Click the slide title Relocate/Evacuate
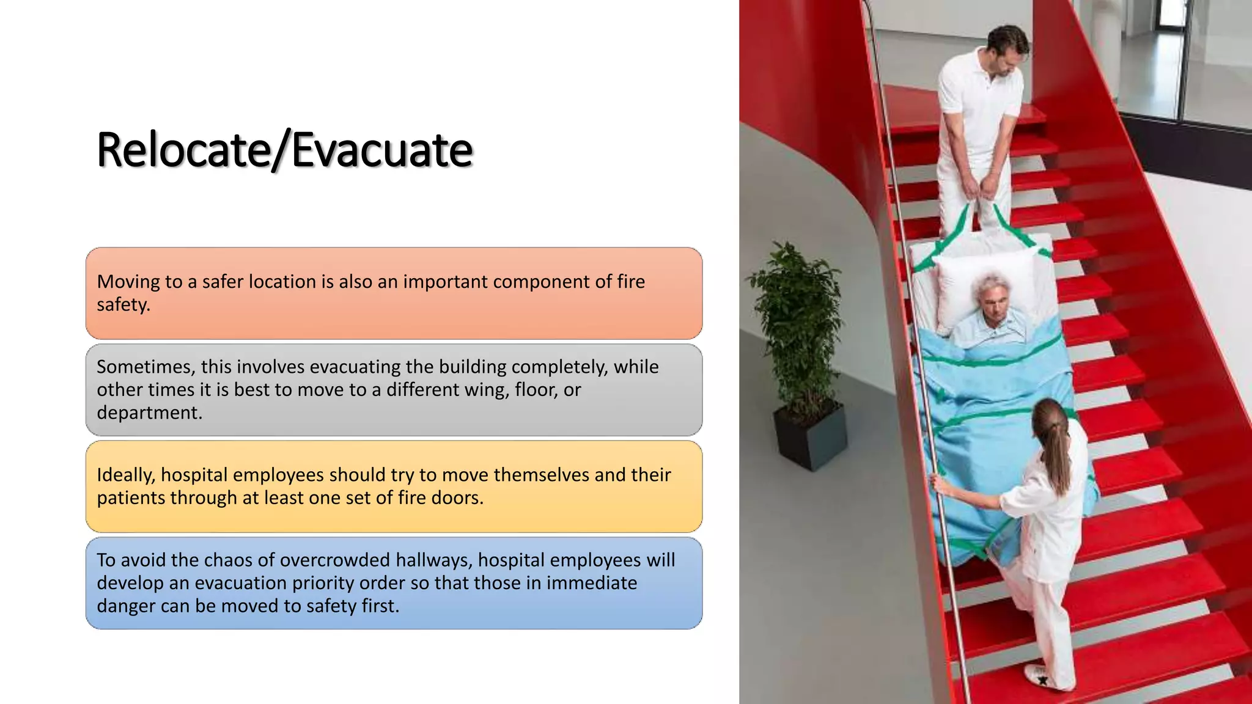[x=285, y=150]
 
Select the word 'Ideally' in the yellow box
[x=125, y=475]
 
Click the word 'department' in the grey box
[x=149, y=413]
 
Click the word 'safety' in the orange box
[x=123, y=305]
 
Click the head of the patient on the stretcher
[x=991, y=300]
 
